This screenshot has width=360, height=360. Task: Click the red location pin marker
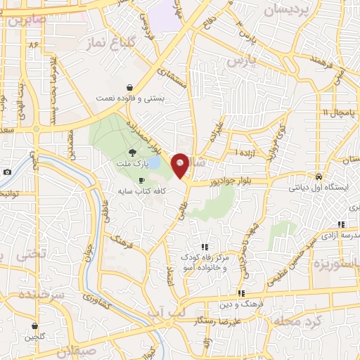[180, 165]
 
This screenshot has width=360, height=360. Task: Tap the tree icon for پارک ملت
[133, 152]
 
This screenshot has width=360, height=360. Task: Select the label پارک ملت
[134, 163]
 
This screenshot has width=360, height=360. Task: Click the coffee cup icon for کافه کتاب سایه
[141, 181]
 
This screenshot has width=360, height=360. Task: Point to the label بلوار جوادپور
[233, 181]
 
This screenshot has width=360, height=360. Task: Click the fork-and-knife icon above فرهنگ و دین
[241, 293]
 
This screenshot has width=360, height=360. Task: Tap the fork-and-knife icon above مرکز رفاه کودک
[205, 247]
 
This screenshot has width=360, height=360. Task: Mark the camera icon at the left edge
[7, 172]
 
